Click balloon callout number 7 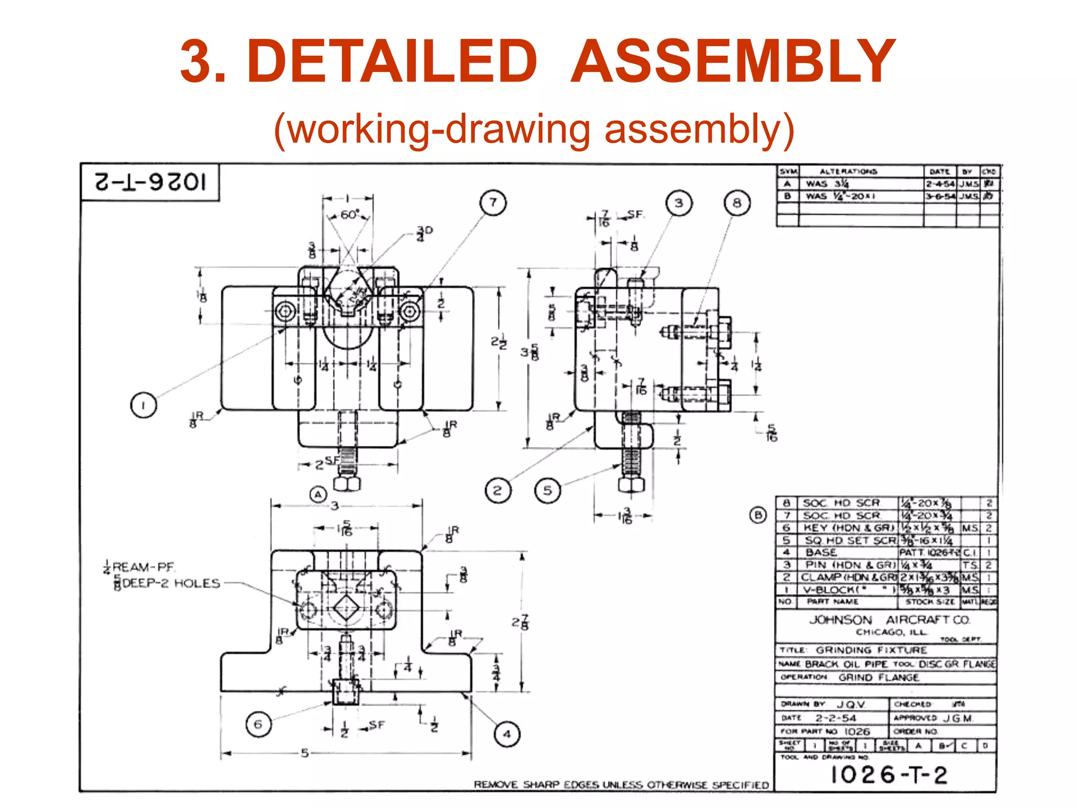tap(493, 203)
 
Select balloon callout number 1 tap(143, 405)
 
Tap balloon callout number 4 tap(507, 734)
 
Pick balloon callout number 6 tap(258, 724)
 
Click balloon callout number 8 tap(737, 203)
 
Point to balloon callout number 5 tap(547, 490)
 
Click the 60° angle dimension tap(349, 215)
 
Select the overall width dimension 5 tap(304, 753)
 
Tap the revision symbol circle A tap(318, 495)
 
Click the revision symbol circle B tap(758, 515)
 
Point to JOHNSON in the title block tap(840, 620)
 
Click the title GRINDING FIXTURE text tap(871, 650)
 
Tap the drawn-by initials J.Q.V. tap(850, 704)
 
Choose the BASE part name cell tap(821, 552)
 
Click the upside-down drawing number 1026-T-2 tap(150, 182)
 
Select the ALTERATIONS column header tap(848, 171)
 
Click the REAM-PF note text tap(144, 567)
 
